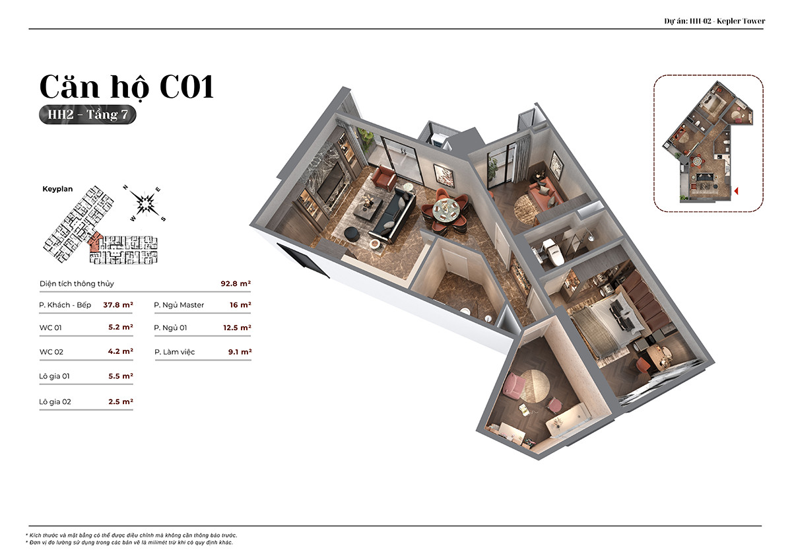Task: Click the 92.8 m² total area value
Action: point(236,283)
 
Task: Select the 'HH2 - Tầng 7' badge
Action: point(88,115)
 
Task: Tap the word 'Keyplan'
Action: point(57,189)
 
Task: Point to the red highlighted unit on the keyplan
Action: point(95,242)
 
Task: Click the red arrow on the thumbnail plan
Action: point(736,191)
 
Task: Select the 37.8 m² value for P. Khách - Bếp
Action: point(118,304)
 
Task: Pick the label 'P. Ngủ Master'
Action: point(179,305)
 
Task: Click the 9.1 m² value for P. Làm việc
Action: point(240,351)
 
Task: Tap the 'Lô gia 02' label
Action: point(55,402)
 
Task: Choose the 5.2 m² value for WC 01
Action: point(121,327)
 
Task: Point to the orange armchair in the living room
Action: point(384,177)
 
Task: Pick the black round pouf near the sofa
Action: point(352,234)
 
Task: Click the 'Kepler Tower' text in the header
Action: point(741,21)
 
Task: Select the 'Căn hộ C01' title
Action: point(127,87)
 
